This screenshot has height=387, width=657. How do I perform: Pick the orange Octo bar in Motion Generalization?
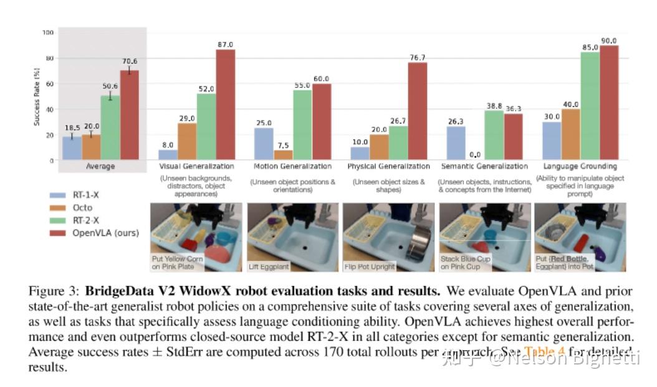(x=283, y=155)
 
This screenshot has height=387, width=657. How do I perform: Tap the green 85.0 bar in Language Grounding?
(x=590, y=106)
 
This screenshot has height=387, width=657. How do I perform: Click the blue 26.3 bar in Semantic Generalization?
(x=455, y=144)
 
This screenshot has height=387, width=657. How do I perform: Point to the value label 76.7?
(x=417, y=58)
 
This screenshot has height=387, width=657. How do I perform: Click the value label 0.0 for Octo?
(x=474, y=155)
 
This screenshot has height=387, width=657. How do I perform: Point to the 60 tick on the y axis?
(x=50, y=84)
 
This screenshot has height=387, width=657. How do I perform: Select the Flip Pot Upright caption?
(x=370, y=267)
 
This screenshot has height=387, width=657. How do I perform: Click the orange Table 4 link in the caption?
(x=544, y=351)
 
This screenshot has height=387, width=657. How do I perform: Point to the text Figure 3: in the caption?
(x=54, y=291)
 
